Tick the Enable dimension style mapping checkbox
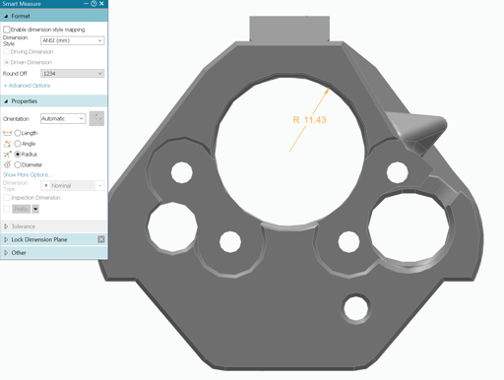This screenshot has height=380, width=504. pos(8,31)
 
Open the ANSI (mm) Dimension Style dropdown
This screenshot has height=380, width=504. pos(72,41)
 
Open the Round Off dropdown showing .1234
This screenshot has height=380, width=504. pos(72,74)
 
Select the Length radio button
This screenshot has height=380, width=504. pos(19,133)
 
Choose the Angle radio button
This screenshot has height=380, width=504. pos(19,144)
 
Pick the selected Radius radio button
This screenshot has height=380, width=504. pos(19,155)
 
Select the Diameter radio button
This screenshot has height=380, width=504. pos(19,165)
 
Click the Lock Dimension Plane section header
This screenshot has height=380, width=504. pos(38,239)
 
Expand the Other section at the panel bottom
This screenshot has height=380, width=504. pos(19,253)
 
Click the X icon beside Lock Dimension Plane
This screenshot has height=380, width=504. pos(100,239)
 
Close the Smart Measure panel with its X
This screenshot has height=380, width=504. pos(102,4)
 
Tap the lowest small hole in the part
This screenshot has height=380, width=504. pos(353,307)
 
